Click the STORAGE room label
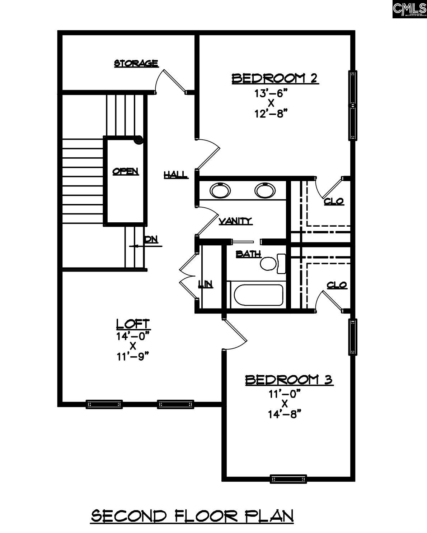(136, 64)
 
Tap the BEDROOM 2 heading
(275, 78)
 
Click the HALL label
(175, 175)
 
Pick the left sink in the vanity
(219, 190)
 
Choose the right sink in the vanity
(265, 190)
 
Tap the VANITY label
(235, 221)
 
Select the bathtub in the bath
(258, 295)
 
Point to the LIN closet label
(206, 284)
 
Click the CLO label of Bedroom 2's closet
(334, 201)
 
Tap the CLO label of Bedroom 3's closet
(337, 285)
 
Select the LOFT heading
(133, 324)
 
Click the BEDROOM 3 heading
(289, 380)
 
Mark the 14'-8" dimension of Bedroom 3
(284, 414)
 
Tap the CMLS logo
(409, 9)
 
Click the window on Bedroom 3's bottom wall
(288, 479)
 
